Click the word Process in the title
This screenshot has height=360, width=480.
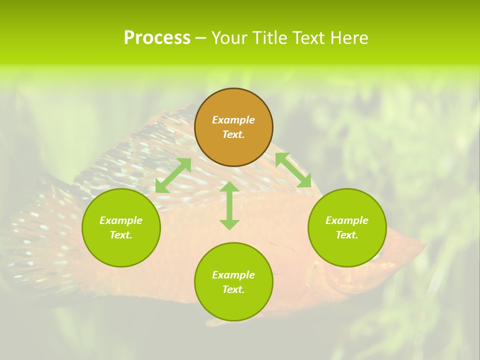[x=157, y=38]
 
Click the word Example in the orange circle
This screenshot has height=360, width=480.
[x=233, y=120]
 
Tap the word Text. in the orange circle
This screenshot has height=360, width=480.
[x=233, y=134]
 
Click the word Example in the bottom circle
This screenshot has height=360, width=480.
[x=233, y=275]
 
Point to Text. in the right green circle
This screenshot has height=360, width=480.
[x=347, y=235]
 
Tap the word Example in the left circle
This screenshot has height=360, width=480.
[x=121, y=220]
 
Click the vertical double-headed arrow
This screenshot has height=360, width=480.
[x=229, y=205]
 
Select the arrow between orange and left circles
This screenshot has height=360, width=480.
[x=173, y=175]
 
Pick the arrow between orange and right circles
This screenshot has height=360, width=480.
[x=293, y=170]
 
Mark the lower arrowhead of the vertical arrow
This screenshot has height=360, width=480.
[x=229, y=224]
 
